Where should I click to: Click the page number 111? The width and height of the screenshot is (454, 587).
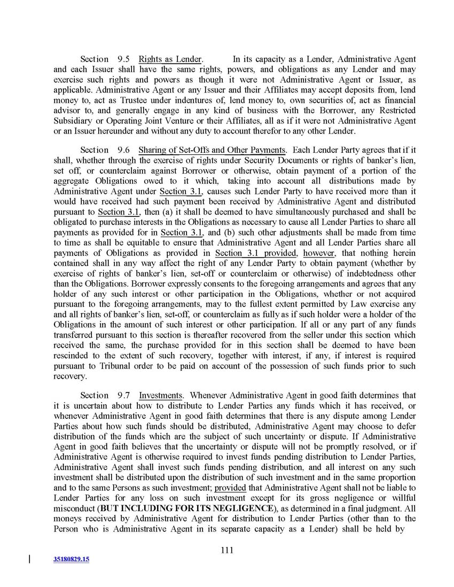pyautogui.click(x=227, y=551)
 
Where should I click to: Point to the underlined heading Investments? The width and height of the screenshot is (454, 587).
pyautogui.click(x=161, y=395)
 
